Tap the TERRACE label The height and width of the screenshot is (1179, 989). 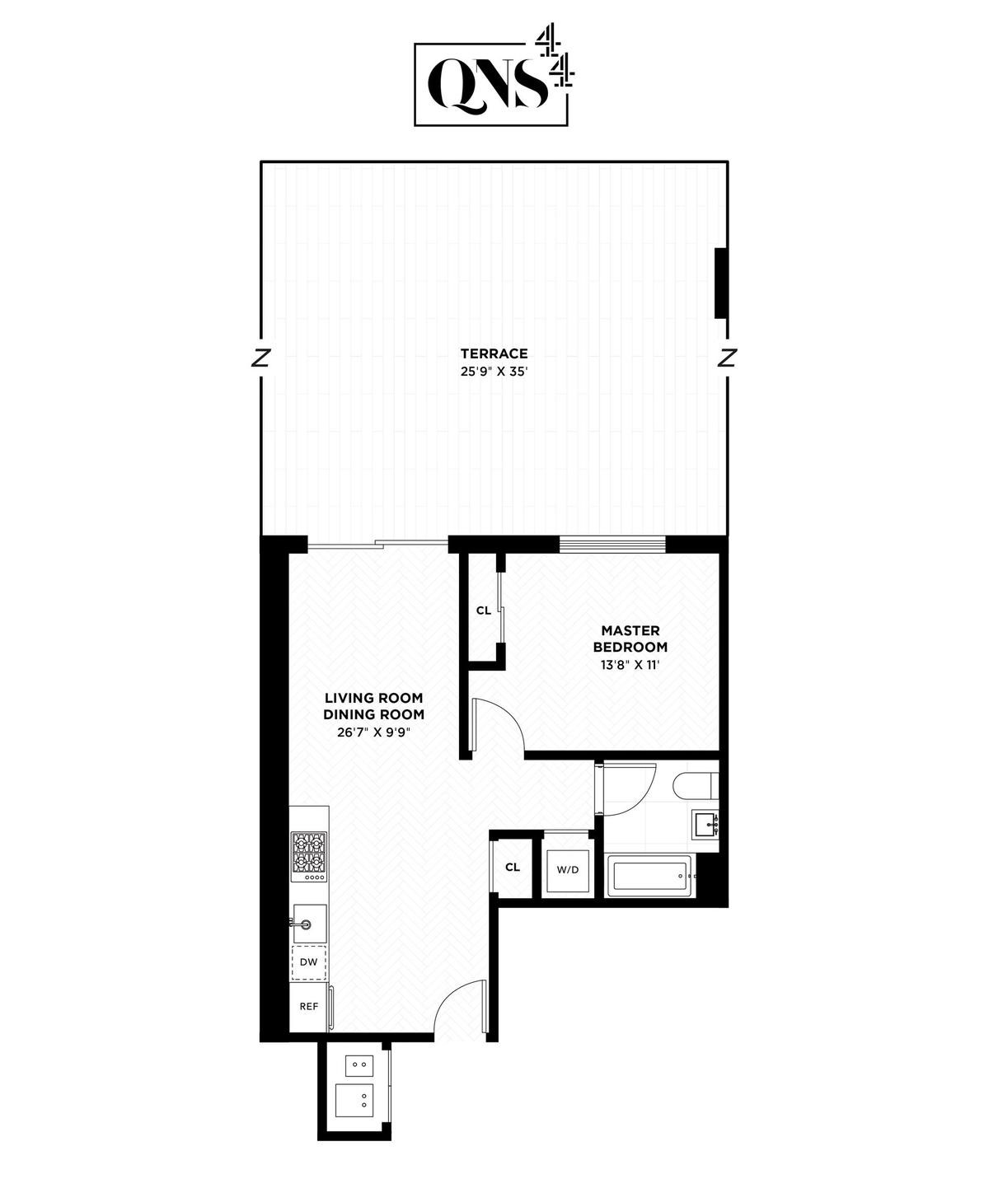pos(494,353)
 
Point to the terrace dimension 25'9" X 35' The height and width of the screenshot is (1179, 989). pos(494,371)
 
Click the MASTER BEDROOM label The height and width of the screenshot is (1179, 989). pos(630,639)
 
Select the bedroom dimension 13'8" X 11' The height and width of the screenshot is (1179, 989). pos(630,664)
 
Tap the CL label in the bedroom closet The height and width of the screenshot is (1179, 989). pos(484,611)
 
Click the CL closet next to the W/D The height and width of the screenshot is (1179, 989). pos(513,868)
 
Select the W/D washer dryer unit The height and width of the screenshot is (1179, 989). pos(568,869)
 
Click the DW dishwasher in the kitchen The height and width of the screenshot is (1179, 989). pos(309,962)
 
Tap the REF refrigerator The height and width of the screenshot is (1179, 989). pos(309,1006)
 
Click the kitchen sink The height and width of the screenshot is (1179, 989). pos(309,924)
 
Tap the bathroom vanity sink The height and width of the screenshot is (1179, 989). pos(705,824)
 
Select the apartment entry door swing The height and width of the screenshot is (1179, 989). pos(460,1007)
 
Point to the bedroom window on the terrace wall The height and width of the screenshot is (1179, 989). pos(612,543)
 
